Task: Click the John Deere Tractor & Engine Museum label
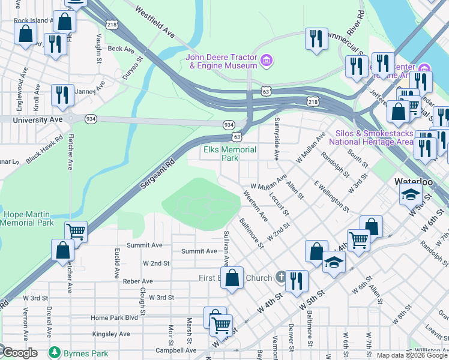tap(221, 61)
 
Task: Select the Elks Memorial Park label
tap(230, 154)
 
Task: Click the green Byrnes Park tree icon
tap(55, 351)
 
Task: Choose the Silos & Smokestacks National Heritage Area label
tap(372, 137)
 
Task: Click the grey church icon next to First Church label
tap(280, 277)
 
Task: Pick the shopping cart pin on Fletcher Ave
tap(76, 231)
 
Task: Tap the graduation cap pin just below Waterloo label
tap(411, 194)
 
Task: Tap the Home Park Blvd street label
tap(114, 317)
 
